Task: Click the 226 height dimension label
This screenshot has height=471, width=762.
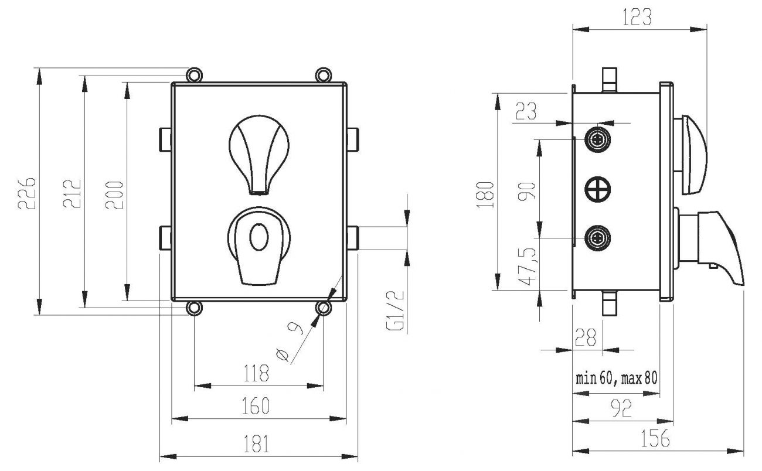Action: coord(27,192)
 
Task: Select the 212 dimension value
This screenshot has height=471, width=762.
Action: coord(72,192)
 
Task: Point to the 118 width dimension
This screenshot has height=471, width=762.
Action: coord(257,373)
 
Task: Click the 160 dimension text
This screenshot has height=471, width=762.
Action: coord(257,405)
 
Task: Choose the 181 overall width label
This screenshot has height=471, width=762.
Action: coord(257,444)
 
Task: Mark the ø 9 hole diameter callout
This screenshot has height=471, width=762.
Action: coord(290,343)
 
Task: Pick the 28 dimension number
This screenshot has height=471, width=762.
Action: coord(585,337)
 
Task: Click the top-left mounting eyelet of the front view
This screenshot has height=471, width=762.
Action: coord(194,74)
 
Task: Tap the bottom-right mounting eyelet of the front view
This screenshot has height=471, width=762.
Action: coord(322,308)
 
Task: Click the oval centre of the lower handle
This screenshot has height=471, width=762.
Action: coord(257,237)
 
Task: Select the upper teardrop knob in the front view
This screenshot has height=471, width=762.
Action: coord(257,152)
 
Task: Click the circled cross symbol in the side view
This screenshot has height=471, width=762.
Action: coord(598,189)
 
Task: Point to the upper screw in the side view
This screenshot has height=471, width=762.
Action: coord(598,139)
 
